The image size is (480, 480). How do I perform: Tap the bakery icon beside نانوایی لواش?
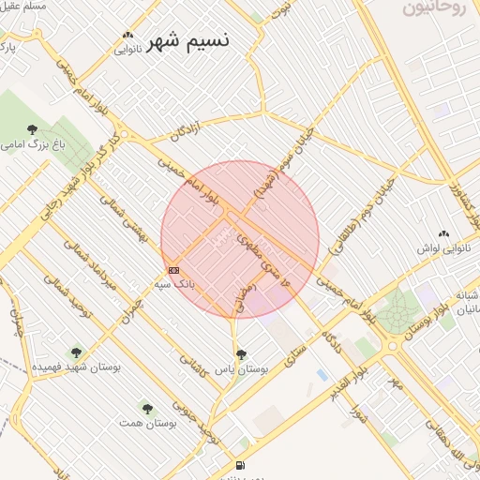coord(443,234)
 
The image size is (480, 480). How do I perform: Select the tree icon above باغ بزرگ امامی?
coord(33,129)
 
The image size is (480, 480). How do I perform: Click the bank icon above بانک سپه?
coord(172,270)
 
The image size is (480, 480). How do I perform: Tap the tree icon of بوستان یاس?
coord(242,354)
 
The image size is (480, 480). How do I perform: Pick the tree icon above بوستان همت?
coord(146,408)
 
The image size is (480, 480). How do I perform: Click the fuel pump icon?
coord(241,465)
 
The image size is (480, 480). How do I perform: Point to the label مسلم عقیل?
coord(24,7)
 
